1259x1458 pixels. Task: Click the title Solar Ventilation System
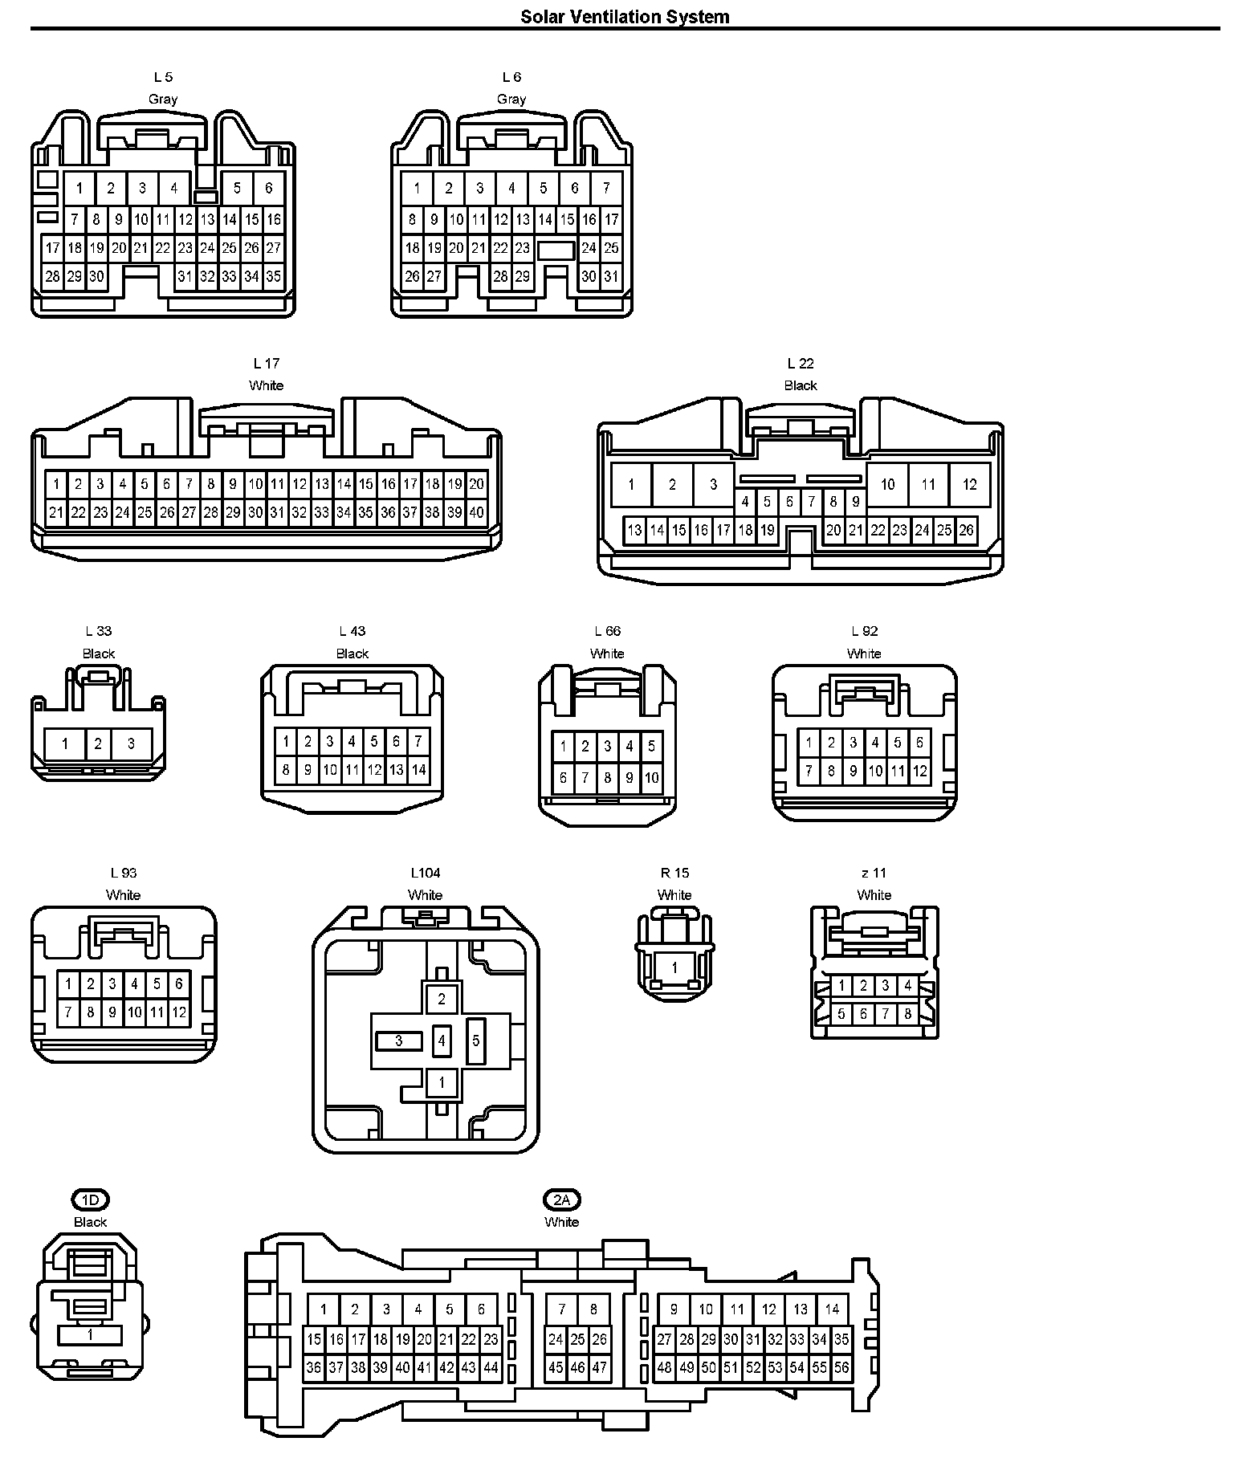click(625, 17)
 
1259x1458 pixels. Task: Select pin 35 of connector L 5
click(274, 277)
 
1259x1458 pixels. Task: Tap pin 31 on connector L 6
click(611, 277)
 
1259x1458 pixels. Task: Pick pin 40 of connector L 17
click(477, 512)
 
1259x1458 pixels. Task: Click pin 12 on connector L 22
click(969, 484)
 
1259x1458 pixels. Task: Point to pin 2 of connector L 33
click(98, 743)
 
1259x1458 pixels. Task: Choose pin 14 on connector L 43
click(418, 769)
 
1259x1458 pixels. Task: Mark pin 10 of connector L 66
click(651, 777)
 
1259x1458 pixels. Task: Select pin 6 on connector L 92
click(919, 743)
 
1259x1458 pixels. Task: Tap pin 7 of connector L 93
click(68, 1012)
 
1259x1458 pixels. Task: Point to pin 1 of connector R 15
click(674, 967)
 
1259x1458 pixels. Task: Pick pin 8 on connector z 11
click(907, 1014)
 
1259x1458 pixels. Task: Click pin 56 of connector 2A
click(841, 1367)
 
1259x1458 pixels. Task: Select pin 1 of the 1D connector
click(90, 1334)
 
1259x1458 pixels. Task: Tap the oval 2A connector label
click(561, 1200)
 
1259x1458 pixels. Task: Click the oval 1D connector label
click(90, 1200)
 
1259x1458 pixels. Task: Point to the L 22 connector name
click(801, 364)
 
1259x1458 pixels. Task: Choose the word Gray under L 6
click(511, 100)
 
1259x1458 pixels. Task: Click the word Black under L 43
click(352, 654)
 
